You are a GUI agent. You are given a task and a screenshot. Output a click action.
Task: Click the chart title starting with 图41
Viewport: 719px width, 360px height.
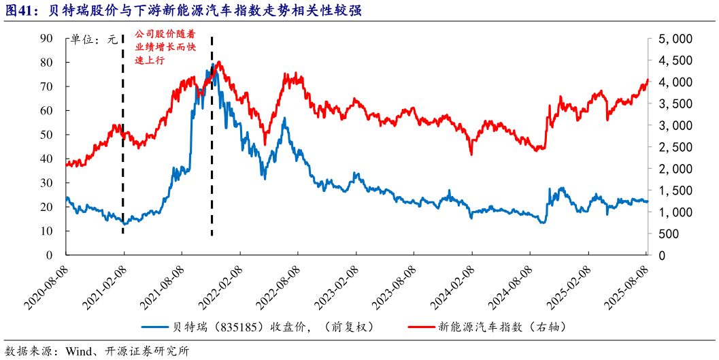pyautogui.click(x=184, y=11)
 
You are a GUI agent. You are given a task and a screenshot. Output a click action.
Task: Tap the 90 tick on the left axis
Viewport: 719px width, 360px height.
pyautogui.click(x=47, y=39)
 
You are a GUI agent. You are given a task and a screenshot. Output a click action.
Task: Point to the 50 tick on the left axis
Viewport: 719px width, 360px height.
pyautogui.click(x=47, y=135)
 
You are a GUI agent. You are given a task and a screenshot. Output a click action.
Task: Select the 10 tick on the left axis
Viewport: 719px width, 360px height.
pyautogui.click(x=47, y=231)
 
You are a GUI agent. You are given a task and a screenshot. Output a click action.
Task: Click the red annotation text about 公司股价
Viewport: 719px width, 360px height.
pyautogui.click(x=158, y=47)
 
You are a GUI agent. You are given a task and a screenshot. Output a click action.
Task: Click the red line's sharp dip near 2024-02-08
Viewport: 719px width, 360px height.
pyautogui.click(x=471, y=154)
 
